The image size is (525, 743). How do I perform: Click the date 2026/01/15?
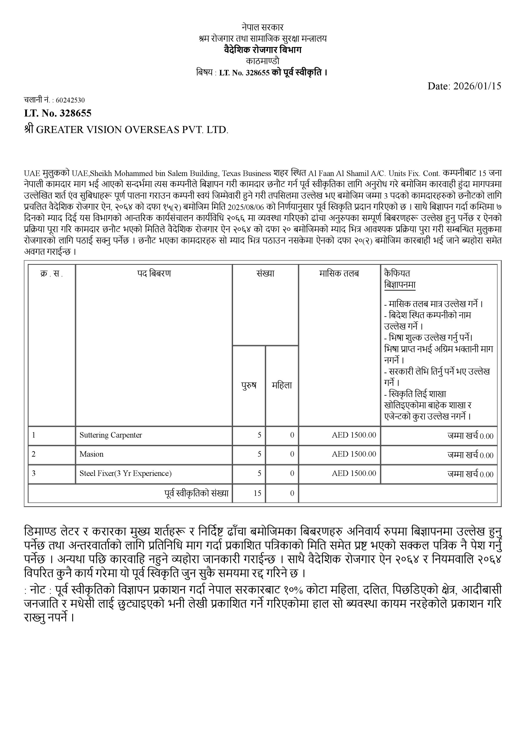pos(477,86)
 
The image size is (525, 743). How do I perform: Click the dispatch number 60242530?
pos(70,100)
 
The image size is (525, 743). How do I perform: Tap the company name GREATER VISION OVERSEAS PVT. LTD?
pos(132,130)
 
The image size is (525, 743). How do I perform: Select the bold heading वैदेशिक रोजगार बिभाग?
pos(262,50)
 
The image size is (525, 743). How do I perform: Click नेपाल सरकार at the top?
pos(262,27)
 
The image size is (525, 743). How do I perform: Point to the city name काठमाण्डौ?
pos(262,61)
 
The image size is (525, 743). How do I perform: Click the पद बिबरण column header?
pos(154,274)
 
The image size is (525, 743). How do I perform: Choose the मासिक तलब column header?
pos(339,274)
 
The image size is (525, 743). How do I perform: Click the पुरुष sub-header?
pos(249,385)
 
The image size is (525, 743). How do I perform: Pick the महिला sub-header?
pos(282,385)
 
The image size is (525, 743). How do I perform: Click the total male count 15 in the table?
pos(257,493)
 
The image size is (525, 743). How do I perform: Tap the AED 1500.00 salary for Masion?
pos(354,454)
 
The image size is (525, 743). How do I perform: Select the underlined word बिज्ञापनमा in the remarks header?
pos(400,285)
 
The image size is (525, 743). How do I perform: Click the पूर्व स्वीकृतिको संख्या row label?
pos(196,493)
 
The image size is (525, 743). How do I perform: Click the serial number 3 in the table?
pos(34,473)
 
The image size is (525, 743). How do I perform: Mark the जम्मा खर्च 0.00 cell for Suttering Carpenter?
pos(470,436)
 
